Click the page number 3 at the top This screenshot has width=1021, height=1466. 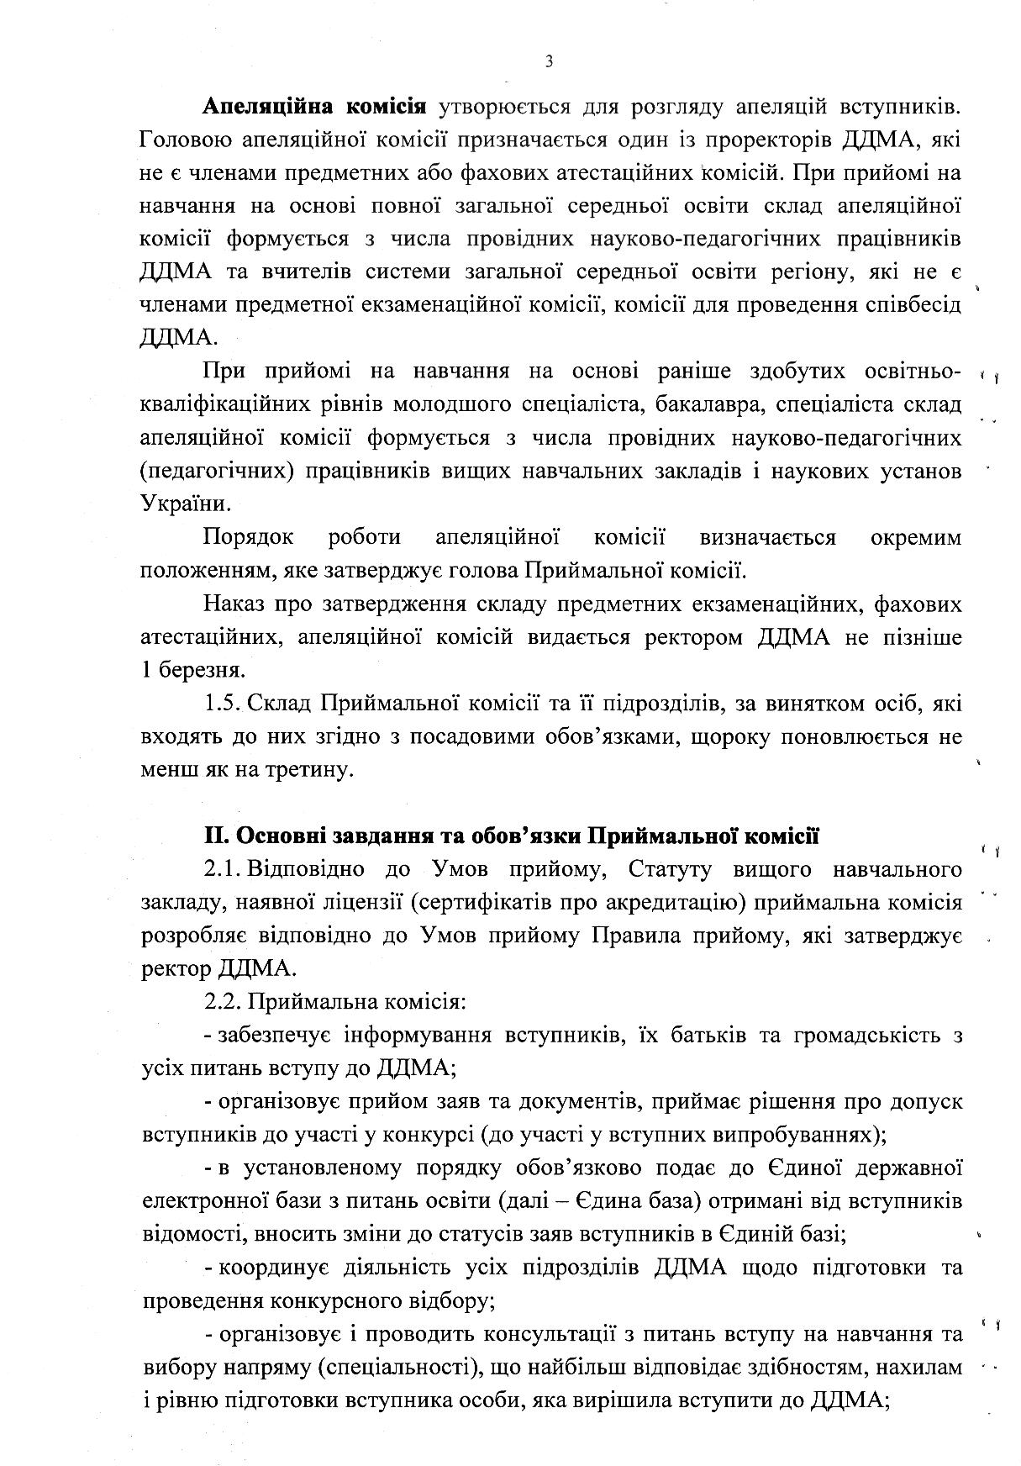549,61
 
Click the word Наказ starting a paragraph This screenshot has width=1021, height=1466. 233,604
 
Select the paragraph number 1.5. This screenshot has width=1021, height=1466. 220,703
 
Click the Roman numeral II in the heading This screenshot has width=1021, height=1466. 215,836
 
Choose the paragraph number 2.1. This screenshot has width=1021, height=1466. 220,869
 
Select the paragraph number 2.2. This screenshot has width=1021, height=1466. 220,1001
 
